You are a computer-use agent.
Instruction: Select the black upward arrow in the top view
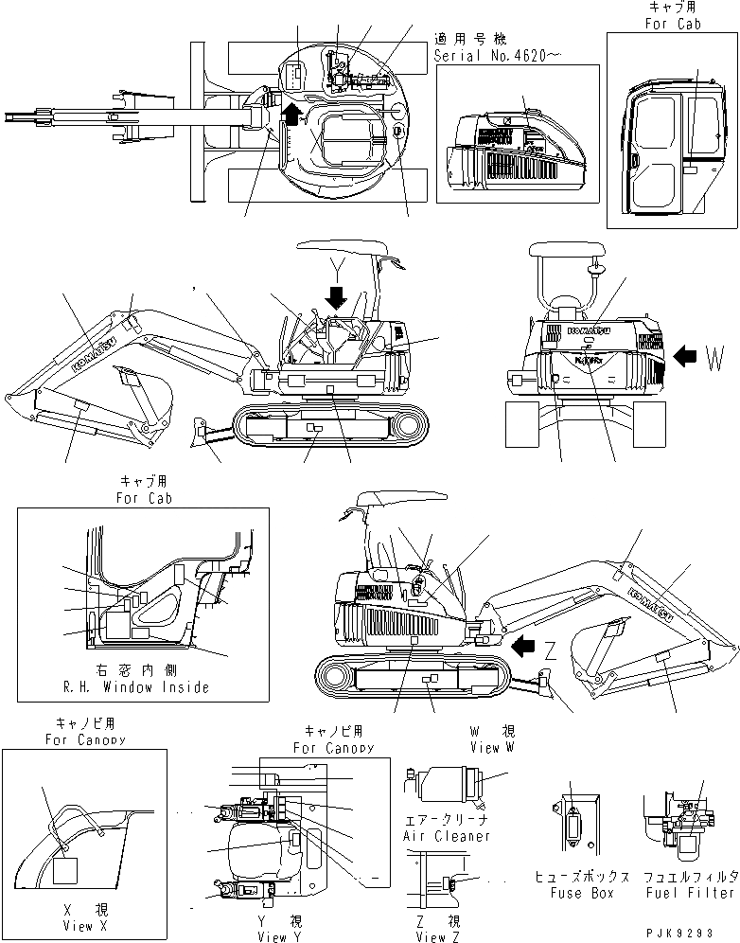(x=294, y=115)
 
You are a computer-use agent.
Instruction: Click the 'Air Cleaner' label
(x=447, y=836)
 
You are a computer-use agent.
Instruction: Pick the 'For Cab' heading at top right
(x=674, y=24)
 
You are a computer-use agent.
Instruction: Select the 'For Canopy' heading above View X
(x=82, y=739)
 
